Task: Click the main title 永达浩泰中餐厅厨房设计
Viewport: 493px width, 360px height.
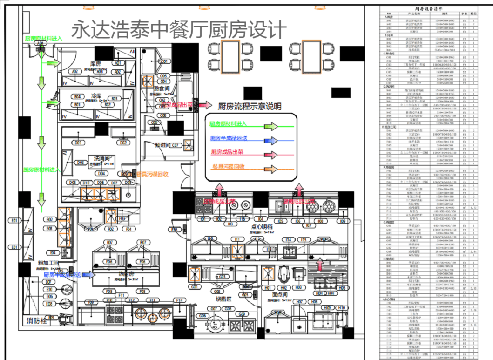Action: coord(178,29)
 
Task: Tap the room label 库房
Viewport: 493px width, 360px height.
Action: coord(96,63)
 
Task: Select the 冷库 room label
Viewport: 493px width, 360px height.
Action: coord(97,95)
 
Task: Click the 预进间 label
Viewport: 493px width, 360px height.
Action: coord(162,145)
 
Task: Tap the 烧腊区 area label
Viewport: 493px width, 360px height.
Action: coord(223,297)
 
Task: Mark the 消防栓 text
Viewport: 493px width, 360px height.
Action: coord(38,320)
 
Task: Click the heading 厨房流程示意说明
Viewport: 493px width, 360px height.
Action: coord(250,106)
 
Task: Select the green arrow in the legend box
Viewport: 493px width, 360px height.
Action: coord(270,126)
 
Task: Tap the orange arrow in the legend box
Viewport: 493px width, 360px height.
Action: coord(270,169)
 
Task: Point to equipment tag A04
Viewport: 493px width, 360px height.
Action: coord(40,43)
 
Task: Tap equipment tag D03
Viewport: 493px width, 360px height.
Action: coord(80,163)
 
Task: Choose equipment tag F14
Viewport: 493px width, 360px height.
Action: coord(179,300)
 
